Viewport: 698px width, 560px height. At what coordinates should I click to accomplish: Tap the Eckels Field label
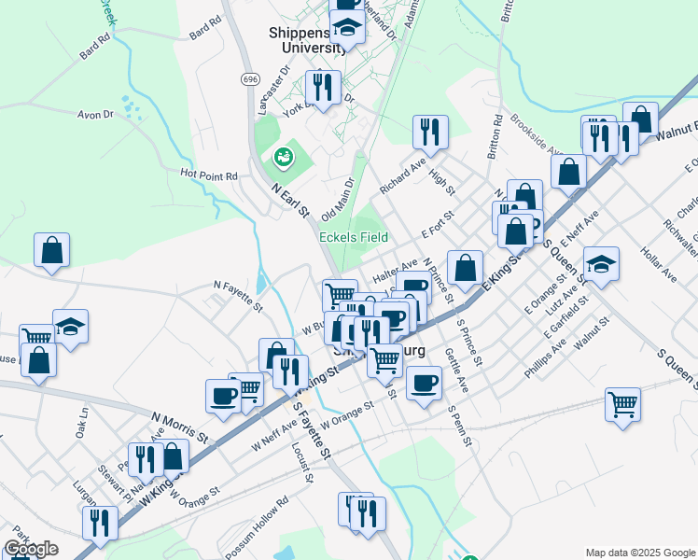click(x=354, y=237)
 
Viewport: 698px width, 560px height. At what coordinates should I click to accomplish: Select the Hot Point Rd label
click(x=209, y=175)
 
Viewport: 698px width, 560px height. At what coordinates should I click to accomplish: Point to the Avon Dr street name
click(x=94, y=115)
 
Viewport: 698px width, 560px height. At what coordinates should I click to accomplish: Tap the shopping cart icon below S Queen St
click(x=622, y=405)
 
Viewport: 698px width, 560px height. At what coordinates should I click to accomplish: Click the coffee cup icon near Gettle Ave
click(x=424, y=383)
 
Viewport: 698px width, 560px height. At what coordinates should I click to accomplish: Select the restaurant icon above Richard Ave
click(x=430, y=132)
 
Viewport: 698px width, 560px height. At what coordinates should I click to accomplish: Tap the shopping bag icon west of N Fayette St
click(x=51, y=250)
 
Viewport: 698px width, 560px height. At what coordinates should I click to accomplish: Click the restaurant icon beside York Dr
click(x=322, y=88)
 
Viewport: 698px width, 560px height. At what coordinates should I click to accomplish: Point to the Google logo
click(x=31, y=549)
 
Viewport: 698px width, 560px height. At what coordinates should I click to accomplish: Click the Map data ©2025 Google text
click(x=639, y=553)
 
